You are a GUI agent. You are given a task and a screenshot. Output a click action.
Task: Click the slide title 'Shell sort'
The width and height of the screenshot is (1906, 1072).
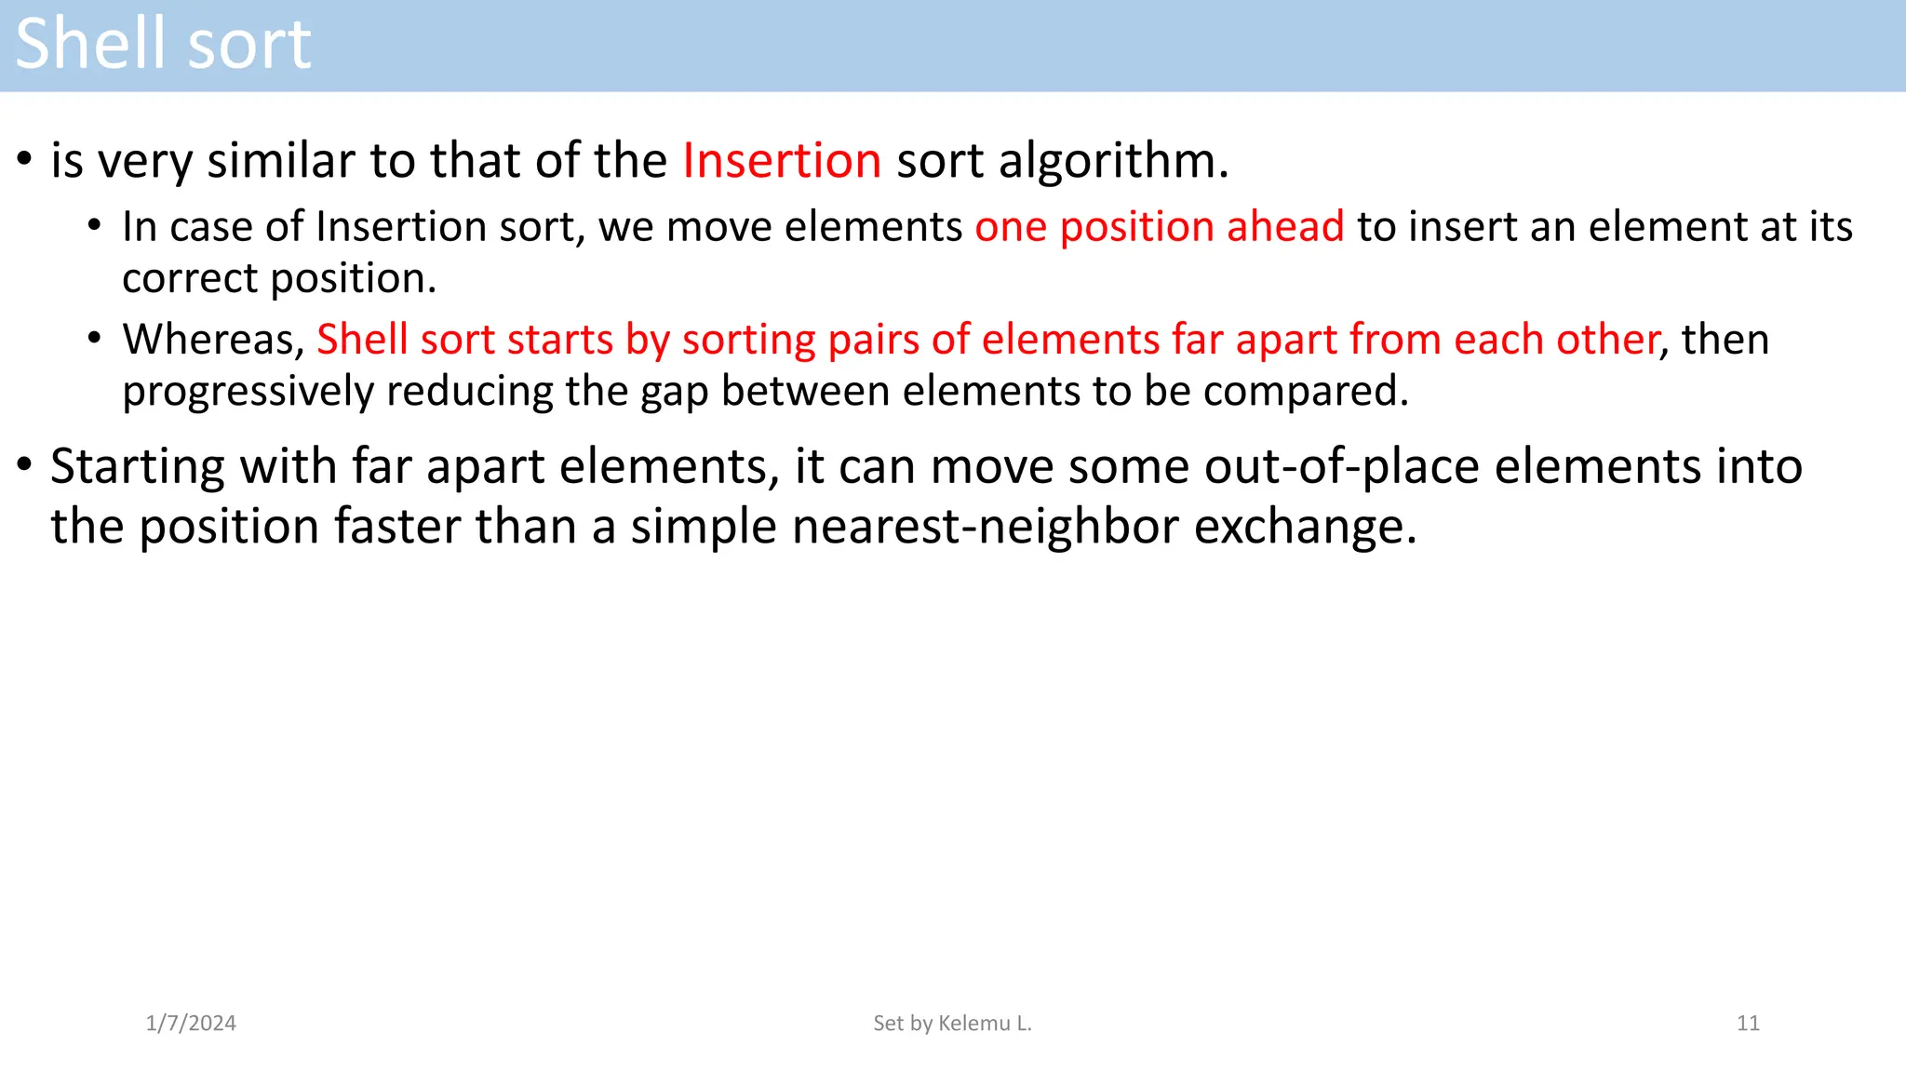(163, 44)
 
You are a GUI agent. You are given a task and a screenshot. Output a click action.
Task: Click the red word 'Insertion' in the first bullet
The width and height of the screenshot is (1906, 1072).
(782, 160)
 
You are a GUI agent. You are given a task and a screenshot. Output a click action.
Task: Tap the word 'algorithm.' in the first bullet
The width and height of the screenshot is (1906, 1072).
(1114, 160)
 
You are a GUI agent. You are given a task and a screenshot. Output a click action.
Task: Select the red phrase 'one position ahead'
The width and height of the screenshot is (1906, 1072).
(1160, 226)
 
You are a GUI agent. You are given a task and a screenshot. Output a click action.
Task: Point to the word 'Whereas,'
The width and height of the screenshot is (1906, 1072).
(214, 339)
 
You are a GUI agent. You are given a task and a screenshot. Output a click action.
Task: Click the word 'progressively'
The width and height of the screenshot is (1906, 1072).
(248, 391)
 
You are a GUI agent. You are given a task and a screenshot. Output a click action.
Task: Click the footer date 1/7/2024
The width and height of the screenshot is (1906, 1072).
(191, 1023)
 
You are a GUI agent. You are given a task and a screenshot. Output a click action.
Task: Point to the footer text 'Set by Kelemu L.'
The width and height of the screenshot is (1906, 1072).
(952, 1023)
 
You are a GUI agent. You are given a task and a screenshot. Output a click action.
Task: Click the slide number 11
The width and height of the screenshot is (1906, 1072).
(1748, 1023)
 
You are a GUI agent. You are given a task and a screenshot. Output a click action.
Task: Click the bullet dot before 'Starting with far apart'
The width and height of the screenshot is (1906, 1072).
(25, 462)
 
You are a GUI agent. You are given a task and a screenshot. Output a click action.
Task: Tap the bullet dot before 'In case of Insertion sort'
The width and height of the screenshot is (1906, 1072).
(94, 225)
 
